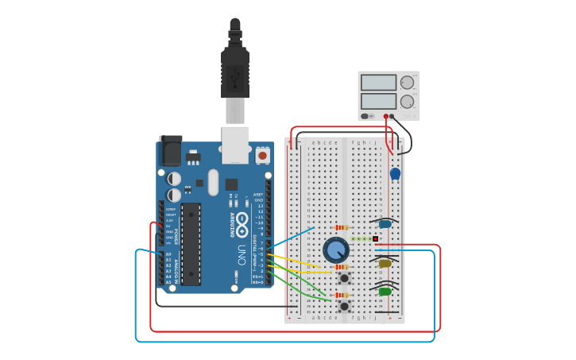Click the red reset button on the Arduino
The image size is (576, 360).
coord(263,156)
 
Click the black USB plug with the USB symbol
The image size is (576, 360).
coord(234,75)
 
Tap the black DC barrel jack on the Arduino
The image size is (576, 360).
coord(170,151)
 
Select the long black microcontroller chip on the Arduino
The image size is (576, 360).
coord(191,243)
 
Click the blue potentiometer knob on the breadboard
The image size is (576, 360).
coord(336,250)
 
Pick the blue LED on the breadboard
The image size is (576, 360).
coord(385,223)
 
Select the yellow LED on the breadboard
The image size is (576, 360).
coord(385,263)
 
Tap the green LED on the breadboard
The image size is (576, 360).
coord(385,292)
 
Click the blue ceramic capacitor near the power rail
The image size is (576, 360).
coord(395,173)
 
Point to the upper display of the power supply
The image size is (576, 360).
coord(378,83)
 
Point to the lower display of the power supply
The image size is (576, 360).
coord(378,101)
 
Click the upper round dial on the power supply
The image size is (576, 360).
coord(407,83)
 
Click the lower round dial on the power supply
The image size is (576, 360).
coord(407,101)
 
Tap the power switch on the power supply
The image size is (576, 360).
coord(366,116)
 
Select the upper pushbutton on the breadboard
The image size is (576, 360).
coord(344,278)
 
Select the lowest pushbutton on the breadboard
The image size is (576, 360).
coord(344,306)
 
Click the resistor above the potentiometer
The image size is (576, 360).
coord(342,226)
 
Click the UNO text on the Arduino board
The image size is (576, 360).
coord(241,254)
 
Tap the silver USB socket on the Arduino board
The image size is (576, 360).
coord(235,145)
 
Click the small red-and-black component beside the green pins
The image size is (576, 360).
coord(375,238)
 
